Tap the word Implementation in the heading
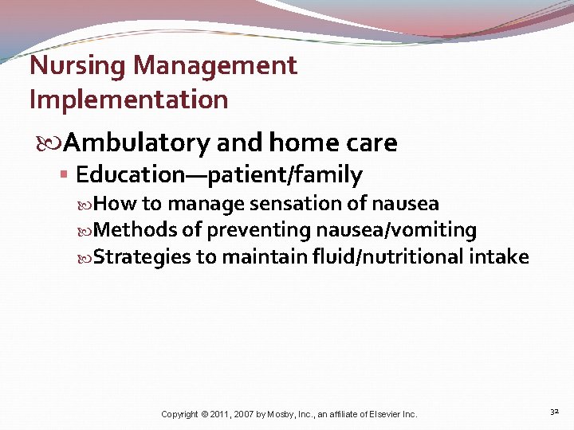pyautogui.click(x=128, y=100)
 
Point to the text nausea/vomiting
pyautogui.click(x=396, y=231)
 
